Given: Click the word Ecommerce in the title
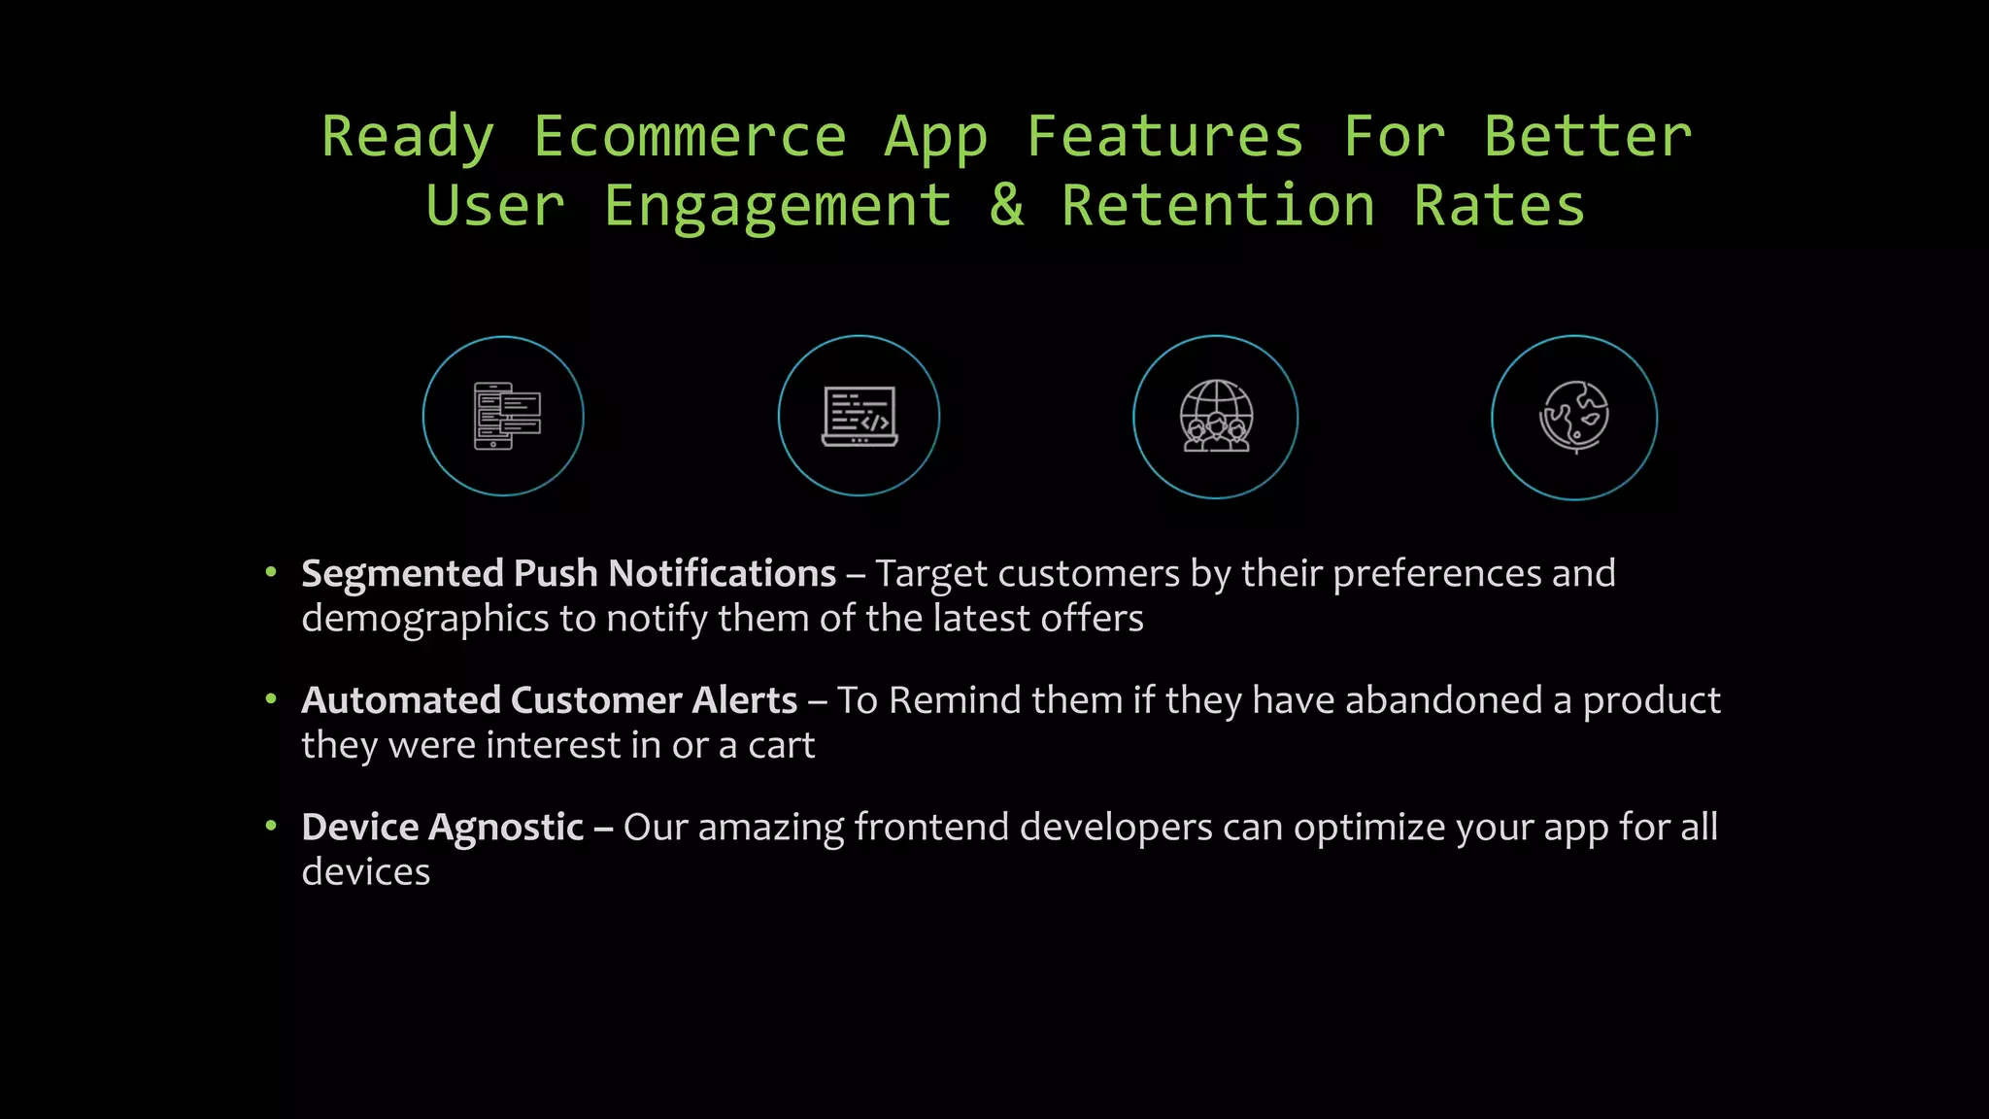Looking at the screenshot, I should (690, 136).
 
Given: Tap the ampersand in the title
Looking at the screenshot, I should (1007, 205).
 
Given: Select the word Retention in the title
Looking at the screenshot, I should (1218, 205).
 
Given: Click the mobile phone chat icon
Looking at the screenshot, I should (503, 416).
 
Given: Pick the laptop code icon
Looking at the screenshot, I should (859, 416).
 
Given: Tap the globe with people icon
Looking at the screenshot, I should (1215, 417).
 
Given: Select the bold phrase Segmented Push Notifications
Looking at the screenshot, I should (568, 574).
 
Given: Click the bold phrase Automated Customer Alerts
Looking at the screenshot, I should (549, 700).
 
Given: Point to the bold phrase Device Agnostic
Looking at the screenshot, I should (442, 828).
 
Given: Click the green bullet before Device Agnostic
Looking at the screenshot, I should (271, 826).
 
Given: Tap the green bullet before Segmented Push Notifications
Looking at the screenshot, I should (271, 572).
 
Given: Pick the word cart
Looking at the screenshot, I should (781, 745).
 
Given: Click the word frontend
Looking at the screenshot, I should (931, 828).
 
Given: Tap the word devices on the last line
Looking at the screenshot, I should (365, 872).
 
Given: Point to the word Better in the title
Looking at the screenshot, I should (1587, 136).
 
